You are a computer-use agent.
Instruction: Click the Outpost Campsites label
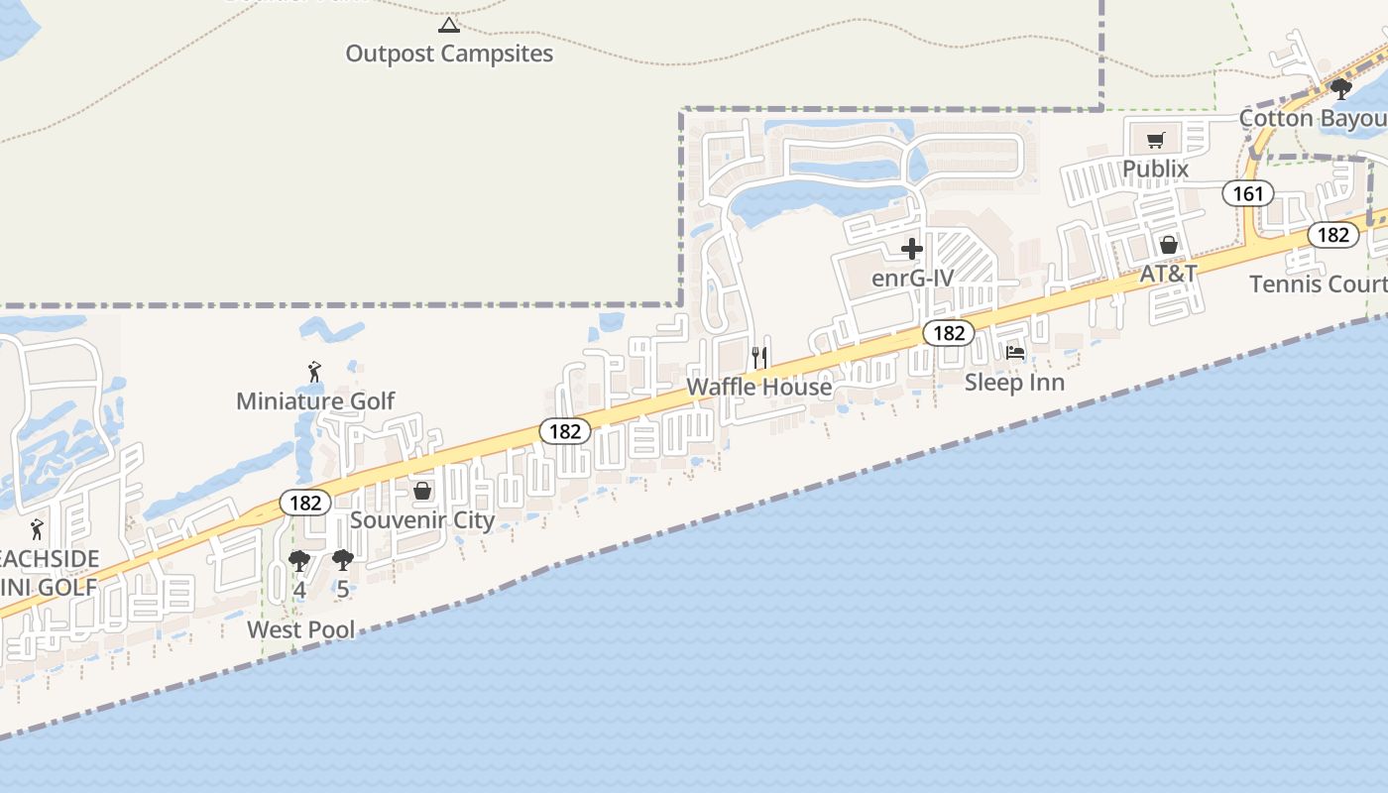point(449,54)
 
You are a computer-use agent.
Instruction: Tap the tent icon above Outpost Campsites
point(449,25)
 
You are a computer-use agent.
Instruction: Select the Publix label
point(1155,170)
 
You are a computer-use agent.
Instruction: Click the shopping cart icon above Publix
point(1155,141)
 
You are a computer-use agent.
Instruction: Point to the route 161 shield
point(1248,193)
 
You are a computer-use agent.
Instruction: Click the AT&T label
point(1168,274)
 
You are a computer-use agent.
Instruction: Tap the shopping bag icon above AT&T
point(1169,245)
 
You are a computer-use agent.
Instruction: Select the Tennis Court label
point(1318,284)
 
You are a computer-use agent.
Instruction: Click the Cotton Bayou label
point(1313,119)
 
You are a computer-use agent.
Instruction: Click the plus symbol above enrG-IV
point(912,249)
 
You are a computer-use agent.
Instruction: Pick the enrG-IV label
point(912,279)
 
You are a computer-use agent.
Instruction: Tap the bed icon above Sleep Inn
point(1015,353)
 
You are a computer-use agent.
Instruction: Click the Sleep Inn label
point(1015,383)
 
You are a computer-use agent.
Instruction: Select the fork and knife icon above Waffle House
point(759,357)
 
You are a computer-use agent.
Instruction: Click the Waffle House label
point(759,387)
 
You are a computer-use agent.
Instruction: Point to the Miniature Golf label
point(315,401)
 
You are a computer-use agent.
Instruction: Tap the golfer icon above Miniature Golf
point(315,373)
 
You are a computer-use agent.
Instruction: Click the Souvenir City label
point(422,520)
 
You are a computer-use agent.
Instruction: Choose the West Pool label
point(300,629)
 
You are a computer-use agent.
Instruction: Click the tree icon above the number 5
point(343,560)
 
